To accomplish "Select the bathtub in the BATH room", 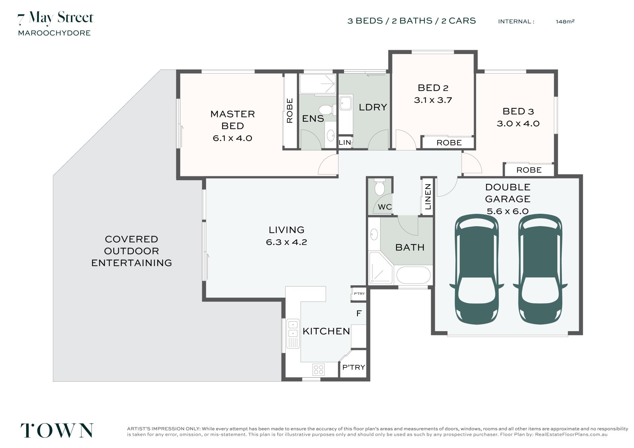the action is coord(413,275).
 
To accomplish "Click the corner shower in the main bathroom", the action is coord(381,268).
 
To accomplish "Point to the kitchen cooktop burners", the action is coord(319,369).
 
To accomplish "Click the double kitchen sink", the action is coord(293,334).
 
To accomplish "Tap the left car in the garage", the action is coord(476,269).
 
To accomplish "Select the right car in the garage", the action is coord(540,269).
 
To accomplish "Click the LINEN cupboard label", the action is coord(428,197).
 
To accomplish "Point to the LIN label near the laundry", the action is coord(345,143).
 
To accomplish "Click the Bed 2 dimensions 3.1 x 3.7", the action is coord(433,100).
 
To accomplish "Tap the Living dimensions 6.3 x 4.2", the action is coord(286,242).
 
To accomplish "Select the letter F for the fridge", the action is coord(359,313).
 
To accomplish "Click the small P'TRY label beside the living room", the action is coord(359,294).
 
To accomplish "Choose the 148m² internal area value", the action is coord(565,21).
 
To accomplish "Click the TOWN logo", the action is coord(57,431).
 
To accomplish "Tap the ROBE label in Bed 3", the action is coord(529,170).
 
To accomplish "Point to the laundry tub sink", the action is coord(346,103).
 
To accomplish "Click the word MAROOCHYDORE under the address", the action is coord(54,33).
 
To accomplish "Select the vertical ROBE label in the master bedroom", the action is coord(290,111).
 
